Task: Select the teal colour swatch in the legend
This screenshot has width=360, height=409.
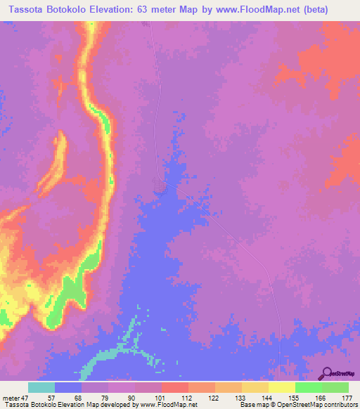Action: pos(41,387)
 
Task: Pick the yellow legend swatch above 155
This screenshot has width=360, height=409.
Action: pos(282,387)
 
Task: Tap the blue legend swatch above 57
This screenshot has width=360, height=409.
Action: pos(68,387)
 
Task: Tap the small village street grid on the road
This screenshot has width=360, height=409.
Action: pos(160,184)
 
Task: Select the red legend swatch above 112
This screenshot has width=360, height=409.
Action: pos(175,387)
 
